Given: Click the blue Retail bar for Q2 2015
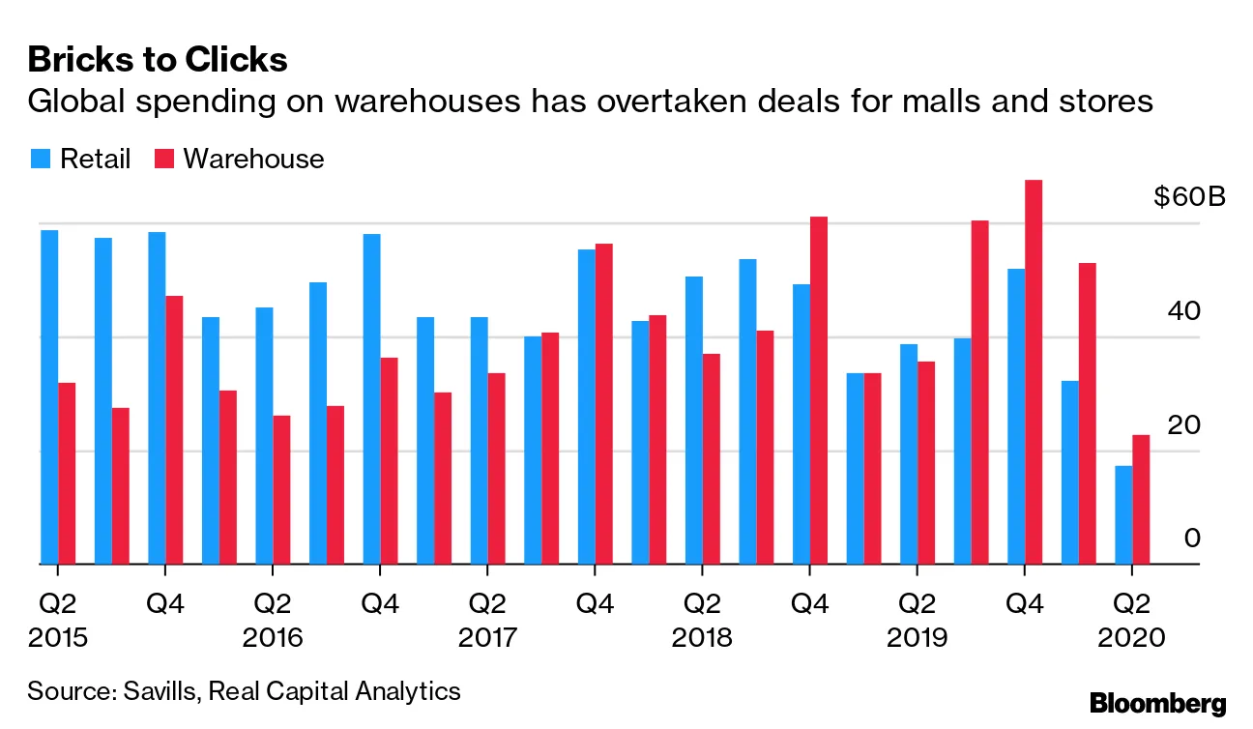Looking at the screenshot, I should pos(49,396).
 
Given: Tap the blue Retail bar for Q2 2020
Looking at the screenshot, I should pos(1123,514).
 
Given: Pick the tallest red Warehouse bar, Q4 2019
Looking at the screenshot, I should pos(1034,371).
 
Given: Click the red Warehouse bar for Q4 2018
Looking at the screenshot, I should pos(819,390).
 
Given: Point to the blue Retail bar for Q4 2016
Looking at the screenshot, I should pos(372,398).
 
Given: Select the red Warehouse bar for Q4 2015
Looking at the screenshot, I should pos(174,429).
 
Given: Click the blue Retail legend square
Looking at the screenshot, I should pos(39,159).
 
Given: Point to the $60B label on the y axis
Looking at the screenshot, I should pos(1189,198).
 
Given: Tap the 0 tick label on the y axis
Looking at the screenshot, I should pos(1192,538).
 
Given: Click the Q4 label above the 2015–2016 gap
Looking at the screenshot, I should pos(165,605).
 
